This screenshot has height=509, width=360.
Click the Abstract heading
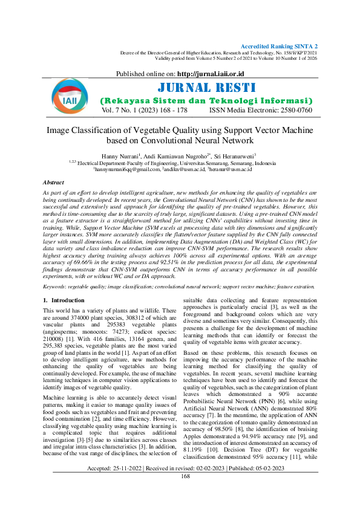click(53, 182)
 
